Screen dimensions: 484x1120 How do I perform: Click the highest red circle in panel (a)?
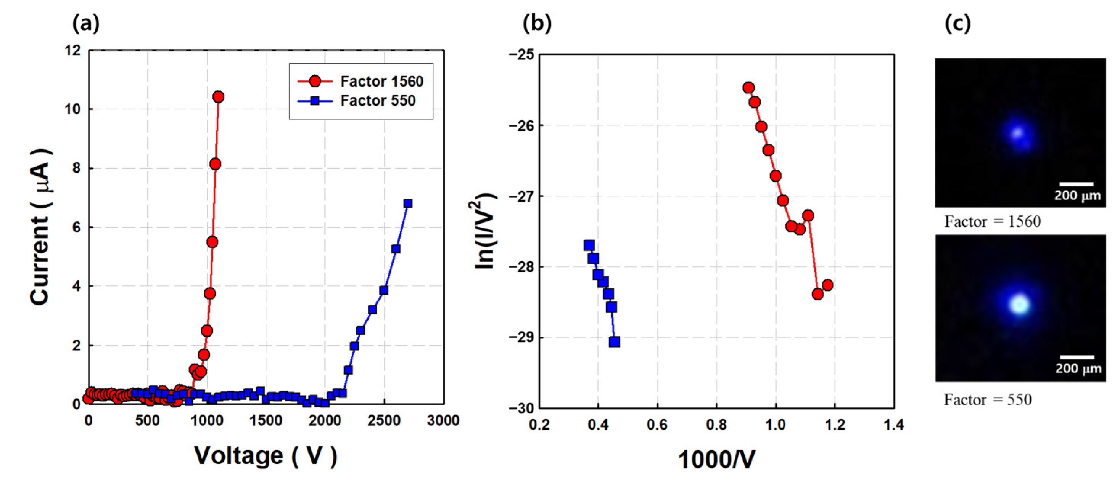click(x=218, y=97)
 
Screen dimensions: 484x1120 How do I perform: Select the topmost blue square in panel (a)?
click(x=407, y=204)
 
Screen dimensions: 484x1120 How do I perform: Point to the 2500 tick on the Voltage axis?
click(x=383, y=421)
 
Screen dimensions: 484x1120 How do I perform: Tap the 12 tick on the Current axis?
click(x=72, y=50)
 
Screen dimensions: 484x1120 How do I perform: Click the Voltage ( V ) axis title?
click(x=265, y=456)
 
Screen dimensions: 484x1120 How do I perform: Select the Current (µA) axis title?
click(x=40, y=227)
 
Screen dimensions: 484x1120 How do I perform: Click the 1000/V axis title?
click(x=716, y=460)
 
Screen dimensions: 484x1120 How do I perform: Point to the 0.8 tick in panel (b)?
click(x=716, y=425)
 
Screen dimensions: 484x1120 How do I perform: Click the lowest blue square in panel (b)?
click(x=614, y=342)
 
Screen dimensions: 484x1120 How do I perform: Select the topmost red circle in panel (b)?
click(x=748, y=88)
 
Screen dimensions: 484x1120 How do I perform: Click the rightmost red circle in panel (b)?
click(x=827, y=285)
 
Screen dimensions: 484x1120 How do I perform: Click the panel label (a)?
click(x=86, y=22)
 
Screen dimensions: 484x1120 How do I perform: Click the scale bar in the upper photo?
click(x=1076, y=184)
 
